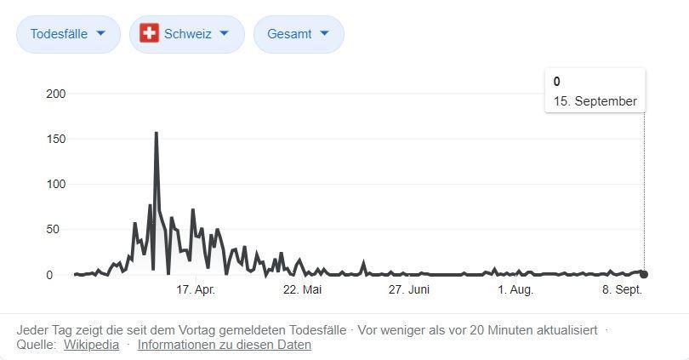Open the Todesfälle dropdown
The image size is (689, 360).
68,34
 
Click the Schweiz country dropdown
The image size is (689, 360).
186,34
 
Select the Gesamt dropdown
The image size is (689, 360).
298,34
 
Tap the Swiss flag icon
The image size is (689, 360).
150,34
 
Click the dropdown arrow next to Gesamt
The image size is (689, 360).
327,34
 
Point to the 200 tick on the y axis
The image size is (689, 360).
54,94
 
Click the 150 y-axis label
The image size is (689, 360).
54,139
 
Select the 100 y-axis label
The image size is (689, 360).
54,184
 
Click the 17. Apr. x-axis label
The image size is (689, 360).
196,290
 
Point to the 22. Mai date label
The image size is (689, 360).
302,290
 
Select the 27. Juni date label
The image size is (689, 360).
408,290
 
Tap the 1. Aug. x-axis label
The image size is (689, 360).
515,290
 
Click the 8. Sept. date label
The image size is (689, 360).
622,290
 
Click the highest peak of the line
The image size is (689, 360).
156,133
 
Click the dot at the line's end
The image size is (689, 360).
644,274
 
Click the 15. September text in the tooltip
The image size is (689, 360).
595,101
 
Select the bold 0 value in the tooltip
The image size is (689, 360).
557,82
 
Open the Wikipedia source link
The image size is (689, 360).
91,345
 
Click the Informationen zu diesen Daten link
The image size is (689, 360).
225,345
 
